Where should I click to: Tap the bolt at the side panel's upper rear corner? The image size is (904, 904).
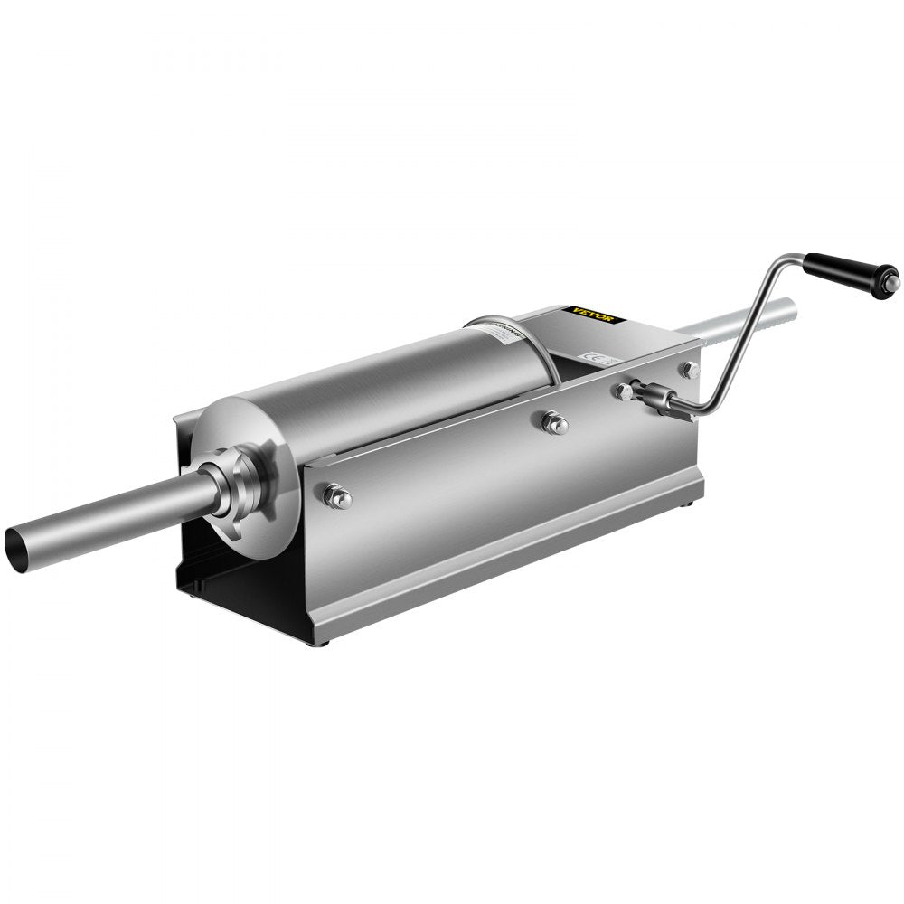pyautogui.click(x=690, y=368)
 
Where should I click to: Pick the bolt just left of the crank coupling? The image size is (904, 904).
pyautogui.click(x=624, y=391)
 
